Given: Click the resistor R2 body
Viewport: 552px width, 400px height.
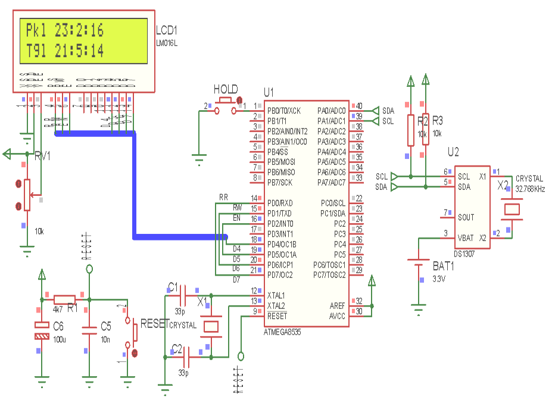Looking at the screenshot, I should click(410, 130).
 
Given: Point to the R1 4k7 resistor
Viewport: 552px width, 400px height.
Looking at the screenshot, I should click(65, 299).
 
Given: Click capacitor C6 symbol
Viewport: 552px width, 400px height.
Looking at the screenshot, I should click(42, 330).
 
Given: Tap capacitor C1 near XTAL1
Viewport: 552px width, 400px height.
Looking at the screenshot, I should click(183, 295).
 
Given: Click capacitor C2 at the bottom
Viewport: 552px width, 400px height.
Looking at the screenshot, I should click(186, 357).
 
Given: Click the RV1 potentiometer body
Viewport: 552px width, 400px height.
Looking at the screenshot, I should click(26, 195).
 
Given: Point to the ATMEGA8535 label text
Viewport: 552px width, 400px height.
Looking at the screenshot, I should click(282, 332).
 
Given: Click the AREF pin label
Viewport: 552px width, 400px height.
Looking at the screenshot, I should click(337, 305).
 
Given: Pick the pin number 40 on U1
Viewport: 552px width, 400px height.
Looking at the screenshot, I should click(359, 106).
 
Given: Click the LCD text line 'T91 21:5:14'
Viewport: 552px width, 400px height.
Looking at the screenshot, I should click(65, 51).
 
